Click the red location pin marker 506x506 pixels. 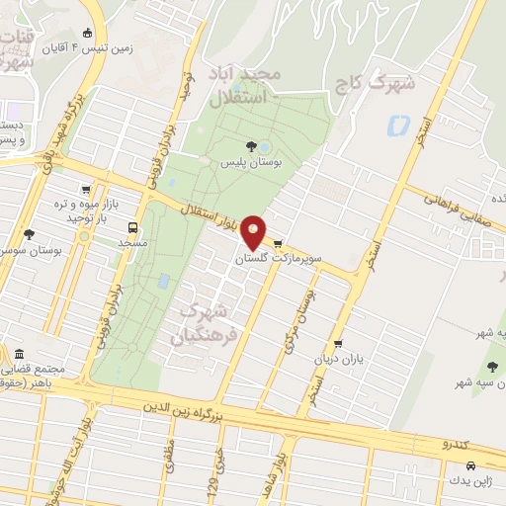pyautogui.click(x=255, y=232)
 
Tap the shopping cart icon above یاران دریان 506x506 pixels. pyautogui.click(x=339, y=344)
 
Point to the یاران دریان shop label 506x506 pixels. pyautogui.click(x=339, y=359)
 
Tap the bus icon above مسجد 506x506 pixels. pyautogui.click(x=133, y=226)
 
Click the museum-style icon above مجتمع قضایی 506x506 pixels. pyautogui.click(x=19, y=355)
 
